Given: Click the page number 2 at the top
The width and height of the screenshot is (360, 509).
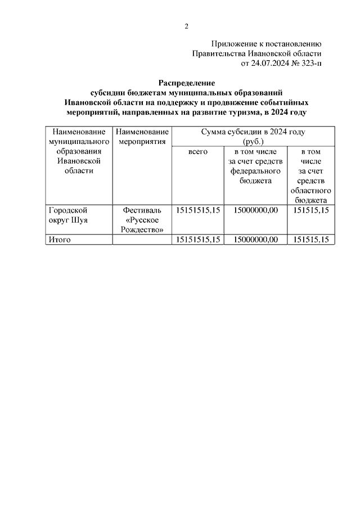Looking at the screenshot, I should pyautogui.click(x=186, y=26).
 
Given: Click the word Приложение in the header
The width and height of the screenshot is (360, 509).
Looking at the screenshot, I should pyautogui.click(x=234, y=43).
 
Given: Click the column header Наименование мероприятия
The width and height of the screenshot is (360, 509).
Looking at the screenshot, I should pyautogui.click(x=142, y=137).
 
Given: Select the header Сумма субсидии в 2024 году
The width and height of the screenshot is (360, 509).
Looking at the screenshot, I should pyautogui.click(x=253, y=132).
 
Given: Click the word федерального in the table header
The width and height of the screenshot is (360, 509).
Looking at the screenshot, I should pyautogui.click(x=255, y=171).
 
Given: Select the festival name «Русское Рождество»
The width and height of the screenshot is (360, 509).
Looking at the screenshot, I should pyautogui.click(x=142, y=224).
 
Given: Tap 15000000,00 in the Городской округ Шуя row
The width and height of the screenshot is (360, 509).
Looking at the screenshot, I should pyautogui.click(x=255, y=210).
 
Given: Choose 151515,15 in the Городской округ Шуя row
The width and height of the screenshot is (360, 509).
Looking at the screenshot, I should pyautogui.click(x=310, y=210).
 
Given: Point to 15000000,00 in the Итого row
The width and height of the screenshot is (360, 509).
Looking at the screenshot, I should pyautogui.click(x=255, y=240).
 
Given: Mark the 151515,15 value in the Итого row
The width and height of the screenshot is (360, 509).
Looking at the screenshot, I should pyautogui.click(x=310, y=240).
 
